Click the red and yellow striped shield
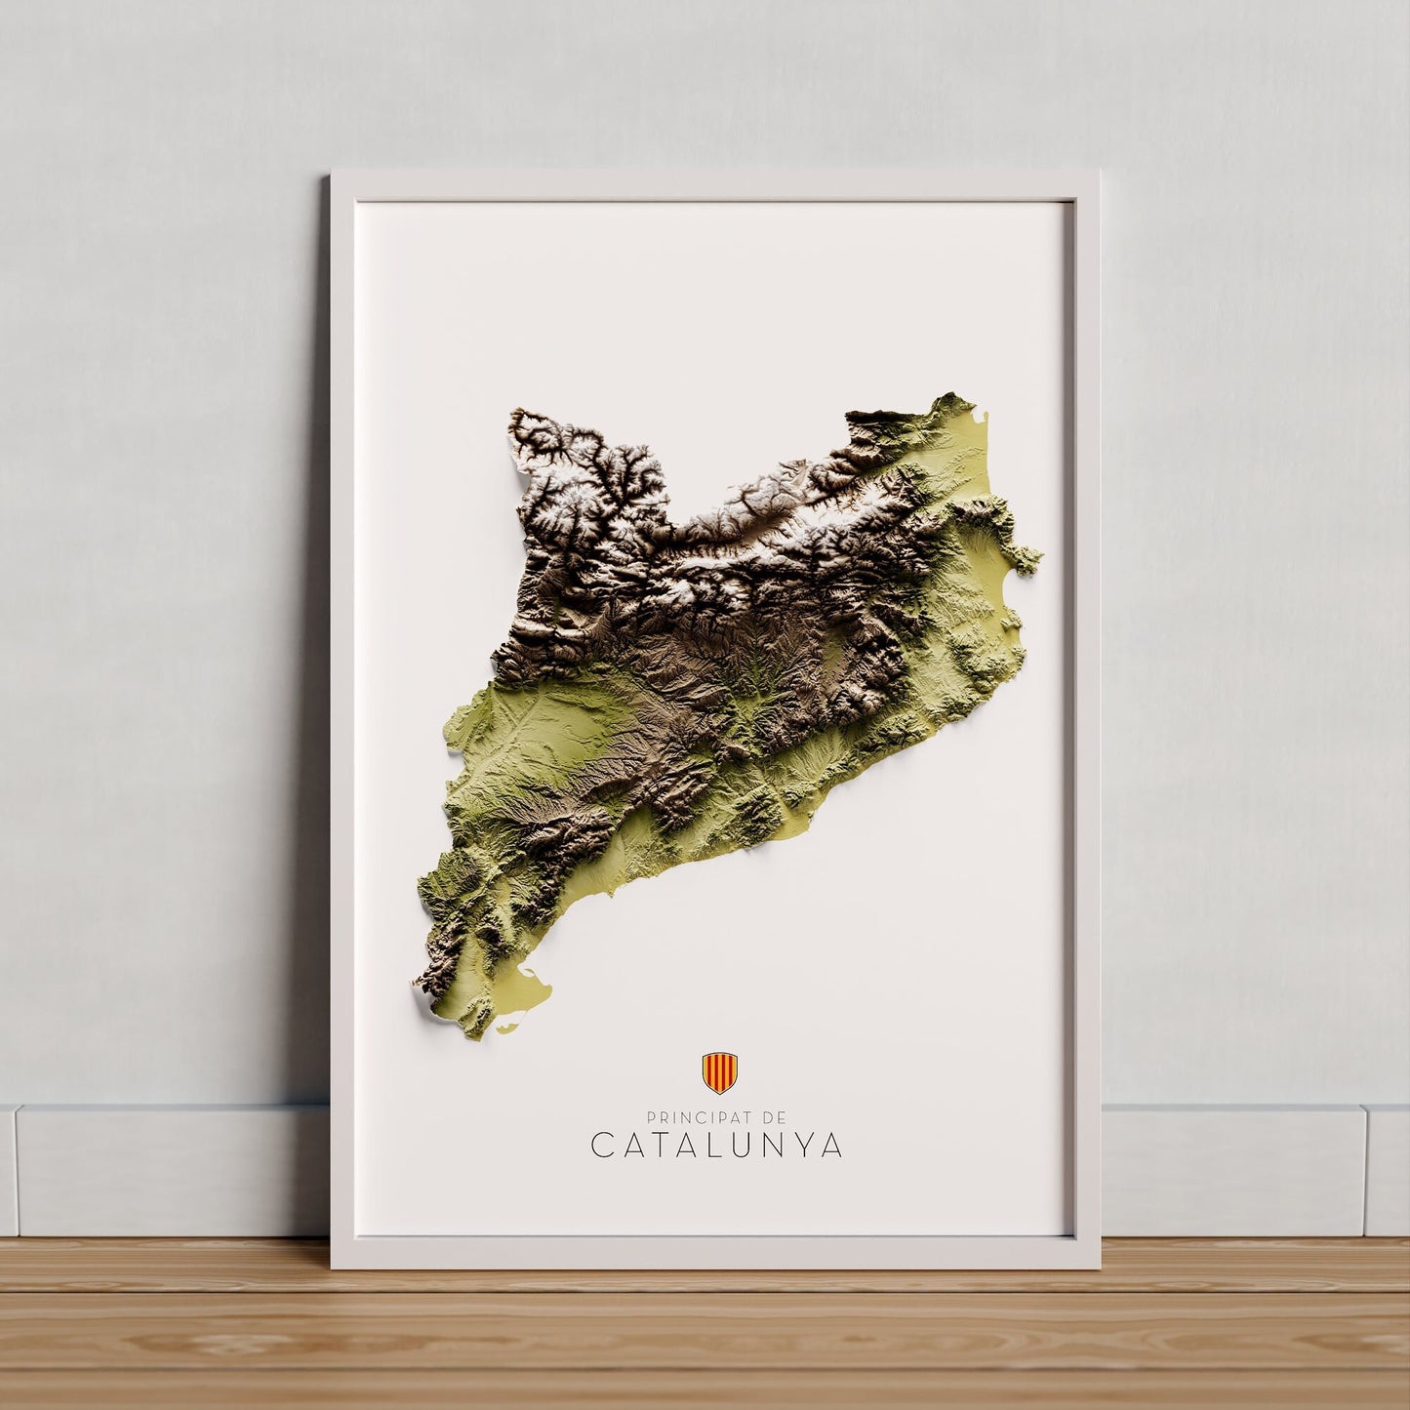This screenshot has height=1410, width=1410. pyautogui.click(x=719, y=1072)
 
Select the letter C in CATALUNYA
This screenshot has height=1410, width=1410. pyautogui.click(x=602, y=1146)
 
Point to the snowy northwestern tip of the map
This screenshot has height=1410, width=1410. pyautogui.click(x=517, y=429)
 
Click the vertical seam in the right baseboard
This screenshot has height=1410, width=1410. pyautogui.click(x=1366, y=1171)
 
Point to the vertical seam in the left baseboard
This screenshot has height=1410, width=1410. pyautogui.click(x=18, y=1171)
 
